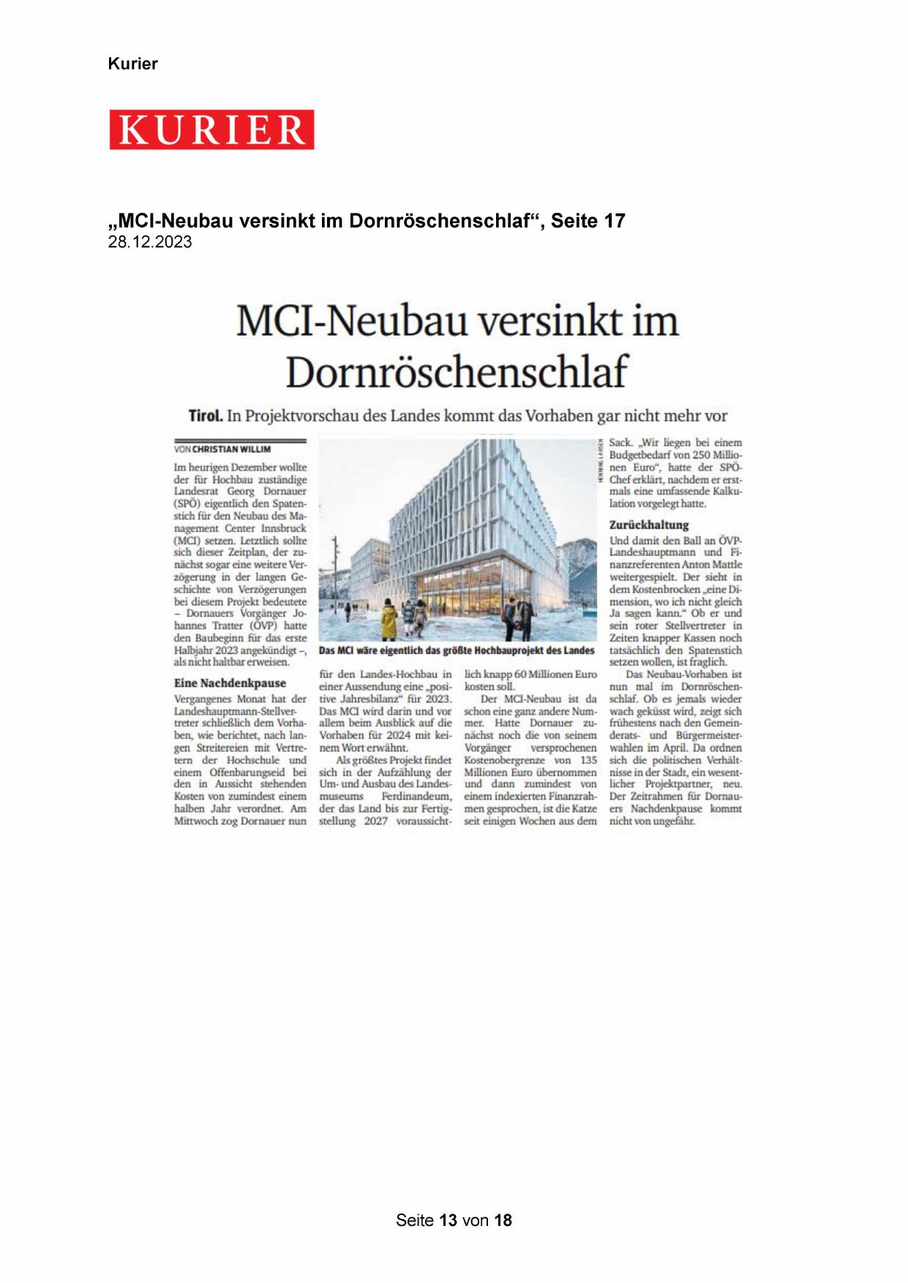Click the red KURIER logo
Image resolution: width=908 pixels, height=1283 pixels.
[211, 129]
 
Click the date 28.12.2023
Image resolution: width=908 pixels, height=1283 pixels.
[150, 243]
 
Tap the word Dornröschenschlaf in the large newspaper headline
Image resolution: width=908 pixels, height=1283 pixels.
[457, 372]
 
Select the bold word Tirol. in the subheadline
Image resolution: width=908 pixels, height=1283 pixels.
[206, 416]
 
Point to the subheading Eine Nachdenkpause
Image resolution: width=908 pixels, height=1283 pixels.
[230, 683]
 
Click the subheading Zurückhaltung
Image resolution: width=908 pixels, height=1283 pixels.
[649, 524]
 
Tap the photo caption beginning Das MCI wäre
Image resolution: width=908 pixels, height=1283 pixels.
[457, 650]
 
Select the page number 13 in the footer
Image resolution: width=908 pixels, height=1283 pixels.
[449, 1220]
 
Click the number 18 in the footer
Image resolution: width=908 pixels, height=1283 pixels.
[503, 1220]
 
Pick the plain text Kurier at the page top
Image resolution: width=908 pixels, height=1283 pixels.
[132, 64]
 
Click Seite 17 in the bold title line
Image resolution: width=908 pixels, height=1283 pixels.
[588, 221]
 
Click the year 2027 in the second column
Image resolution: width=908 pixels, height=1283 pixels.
[376, 821]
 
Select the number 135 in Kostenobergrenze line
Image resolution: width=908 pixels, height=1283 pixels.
[588, 760]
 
